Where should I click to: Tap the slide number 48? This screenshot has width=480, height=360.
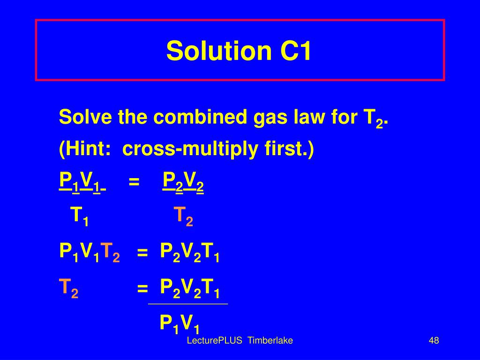point(433,341)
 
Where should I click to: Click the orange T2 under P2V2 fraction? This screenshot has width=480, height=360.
point(183,216)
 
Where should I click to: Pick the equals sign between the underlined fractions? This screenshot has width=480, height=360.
point(134,181)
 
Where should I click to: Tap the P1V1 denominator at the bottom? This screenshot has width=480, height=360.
point(180,323)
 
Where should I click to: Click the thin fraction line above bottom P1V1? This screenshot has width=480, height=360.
point(187,305)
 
